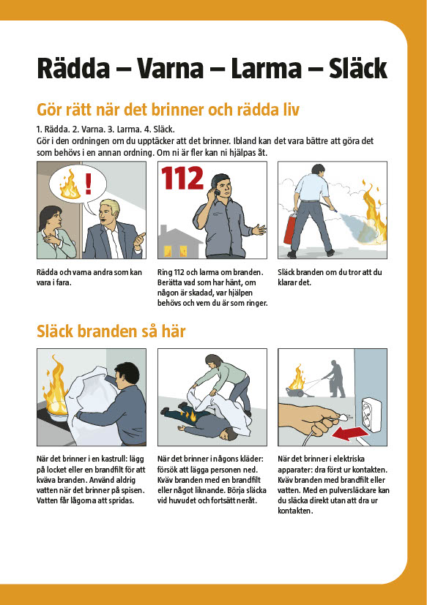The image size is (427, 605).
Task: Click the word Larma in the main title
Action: [266, 69]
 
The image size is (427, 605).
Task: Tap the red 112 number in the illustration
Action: [182, 179]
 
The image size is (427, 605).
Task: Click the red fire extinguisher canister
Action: [291, 230]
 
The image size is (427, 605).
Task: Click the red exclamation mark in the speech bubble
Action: [89, 184]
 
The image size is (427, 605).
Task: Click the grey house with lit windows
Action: [179, 242]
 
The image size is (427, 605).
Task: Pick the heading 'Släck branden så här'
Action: [111, 331]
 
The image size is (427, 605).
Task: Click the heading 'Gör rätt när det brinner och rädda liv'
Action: [168, 110]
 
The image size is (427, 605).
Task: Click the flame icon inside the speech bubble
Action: [70, 185]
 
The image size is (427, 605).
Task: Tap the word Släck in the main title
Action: [358, 69]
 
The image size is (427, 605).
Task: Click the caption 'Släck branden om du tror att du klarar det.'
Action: [330, 277]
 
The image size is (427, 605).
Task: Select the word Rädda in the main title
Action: [73, 69]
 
